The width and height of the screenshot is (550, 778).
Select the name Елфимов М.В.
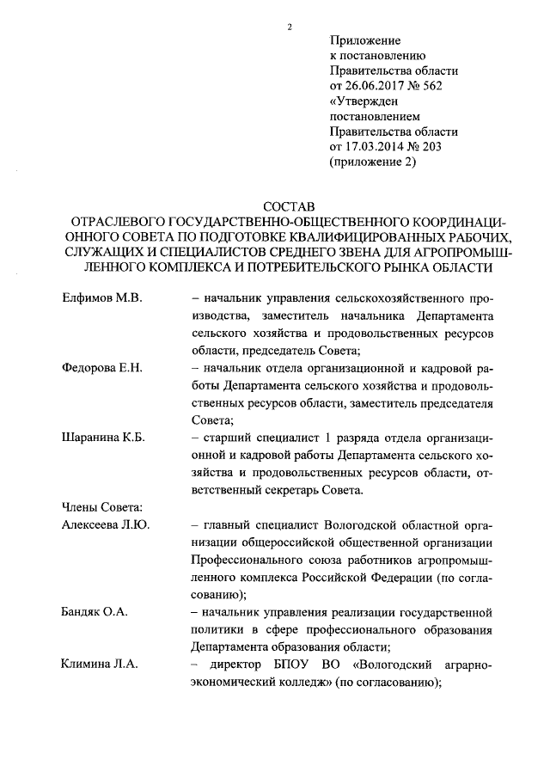coord(101,297)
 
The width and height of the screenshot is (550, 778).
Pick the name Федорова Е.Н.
coord(101,368)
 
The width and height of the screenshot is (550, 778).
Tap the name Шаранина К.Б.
coord(103,438)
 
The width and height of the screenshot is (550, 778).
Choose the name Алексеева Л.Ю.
coord(106,524)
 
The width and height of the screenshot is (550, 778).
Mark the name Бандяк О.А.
coord(95,612)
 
